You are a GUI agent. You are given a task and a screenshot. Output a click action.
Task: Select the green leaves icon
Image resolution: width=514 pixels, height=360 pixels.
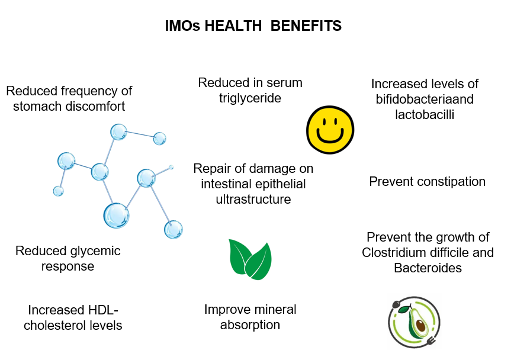250,259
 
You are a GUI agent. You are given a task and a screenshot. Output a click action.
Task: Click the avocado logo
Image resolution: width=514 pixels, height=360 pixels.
415,322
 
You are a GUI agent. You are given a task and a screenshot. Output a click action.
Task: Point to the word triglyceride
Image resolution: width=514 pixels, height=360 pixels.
250,98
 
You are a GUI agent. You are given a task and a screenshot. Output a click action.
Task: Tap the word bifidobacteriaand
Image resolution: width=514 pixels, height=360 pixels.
425,99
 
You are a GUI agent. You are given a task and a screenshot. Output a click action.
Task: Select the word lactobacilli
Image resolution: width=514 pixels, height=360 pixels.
425,114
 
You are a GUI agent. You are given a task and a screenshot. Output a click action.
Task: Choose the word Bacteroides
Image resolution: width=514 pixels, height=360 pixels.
428,268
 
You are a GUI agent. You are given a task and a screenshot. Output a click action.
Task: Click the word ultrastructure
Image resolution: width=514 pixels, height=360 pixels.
253,200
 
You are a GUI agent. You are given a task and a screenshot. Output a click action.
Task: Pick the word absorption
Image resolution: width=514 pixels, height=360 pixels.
250,325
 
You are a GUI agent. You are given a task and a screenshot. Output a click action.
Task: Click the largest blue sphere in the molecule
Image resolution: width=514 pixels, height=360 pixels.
116,216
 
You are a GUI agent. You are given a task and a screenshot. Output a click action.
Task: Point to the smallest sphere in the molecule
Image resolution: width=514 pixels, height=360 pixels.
171,168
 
